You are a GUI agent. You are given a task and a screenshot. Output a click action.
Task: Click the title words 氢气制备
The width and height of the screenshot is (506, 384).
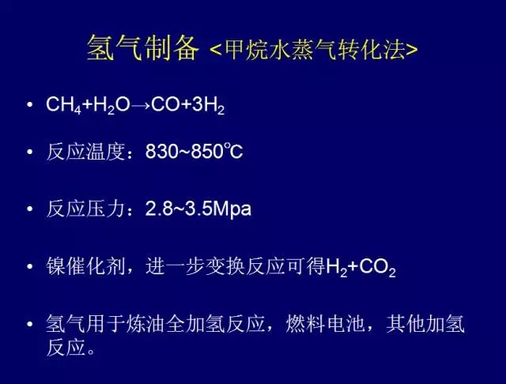pyautogui.click(x=142, y=49)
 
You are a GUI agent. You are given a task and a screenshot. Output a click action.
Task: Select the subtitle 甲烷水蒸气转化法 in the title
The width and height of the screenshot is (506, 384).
pyautogui.click(x=315, y=50)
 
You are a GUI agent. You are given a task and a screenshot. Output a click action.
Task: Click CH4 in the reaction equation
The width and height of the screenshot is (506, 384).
pyautogui.click(x=64, y=105)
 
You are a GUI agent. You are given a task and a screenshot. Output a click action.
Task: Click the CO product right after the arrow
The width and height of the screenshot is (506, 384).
pyautogui.click(x=165, y=104)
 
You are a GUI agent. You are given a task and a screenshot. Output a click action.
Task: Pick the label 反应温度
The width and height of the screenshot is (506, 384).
pyautogui.click(x=85, y=152)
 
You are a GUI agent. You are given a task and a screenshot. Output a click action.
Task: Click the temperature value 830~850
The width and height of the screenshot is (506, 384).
pyautogui.click(x=184, y=152)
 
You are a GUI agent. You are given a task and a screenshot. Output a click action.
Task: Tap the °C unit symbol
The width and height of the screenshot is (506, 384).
pyautogui.click(x=233, y=151)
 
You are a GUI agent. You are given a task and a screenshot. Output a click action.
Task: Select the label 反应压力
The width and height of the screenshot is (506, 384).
pyautogui.click(x=85, y=209)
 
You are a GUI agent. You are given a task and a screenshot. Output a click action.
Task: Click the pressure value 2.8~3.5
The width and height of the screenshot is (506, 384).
pyautogui.click(x=179, y=209)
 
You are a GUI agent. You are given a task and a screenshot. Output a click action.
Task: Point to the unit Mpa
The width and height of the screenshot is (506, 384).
pyautogui.click(x=232, y=209)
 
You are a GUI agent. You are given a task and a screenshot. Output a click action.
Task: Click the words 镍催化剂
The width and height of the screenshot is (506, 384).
pyautogui.click(x=85, y=266)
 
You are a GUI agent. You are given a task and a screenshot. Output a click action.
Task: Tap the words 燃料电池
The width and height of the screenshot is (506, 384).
pyautogui.click(x=326, y=324)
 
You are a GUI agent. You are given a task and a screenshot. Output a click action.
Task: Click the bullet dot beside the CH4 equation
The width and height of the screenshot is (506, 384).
pyautogui.click(x=30, y=105)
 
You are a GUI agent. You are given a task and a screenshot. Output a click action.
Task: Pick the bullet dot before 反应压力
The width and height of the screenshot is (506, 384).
pyautogui.click(x=30, y=209)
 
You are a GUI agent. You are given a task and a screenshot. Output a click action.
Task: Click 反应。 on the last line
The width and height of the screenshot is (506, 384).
pyautogui.click(x=70, y=348)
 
